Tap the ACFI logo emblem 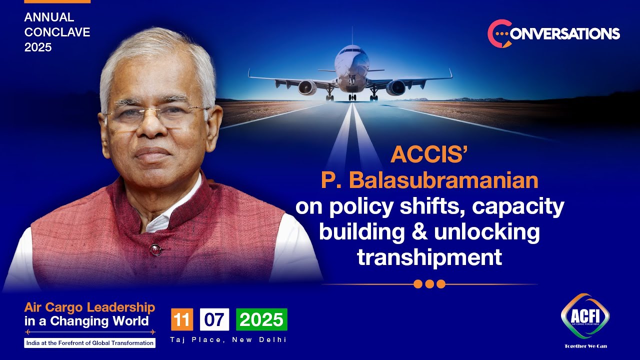click(585, 316)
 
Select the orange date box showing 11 click(182, 319)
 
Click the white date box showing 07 click(214, 319)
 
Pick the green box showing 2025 click(261, 319)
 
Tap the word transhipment click(429, 257)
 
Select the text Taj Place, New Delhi click(228, 340)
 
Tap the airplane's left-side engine click(307, 87)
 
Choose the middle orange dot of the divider click(429, 284)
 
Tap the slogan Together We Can click(585, 346)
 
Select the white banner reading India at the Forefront click(89, 343)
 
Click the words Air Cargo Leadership click(89, 307)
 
